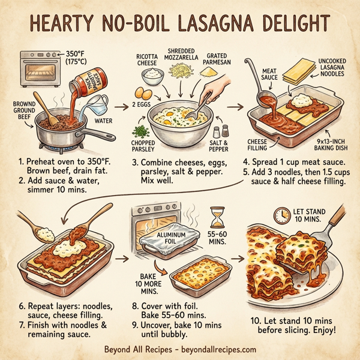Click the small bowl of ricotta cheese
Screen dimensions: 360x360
(154, 76)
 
